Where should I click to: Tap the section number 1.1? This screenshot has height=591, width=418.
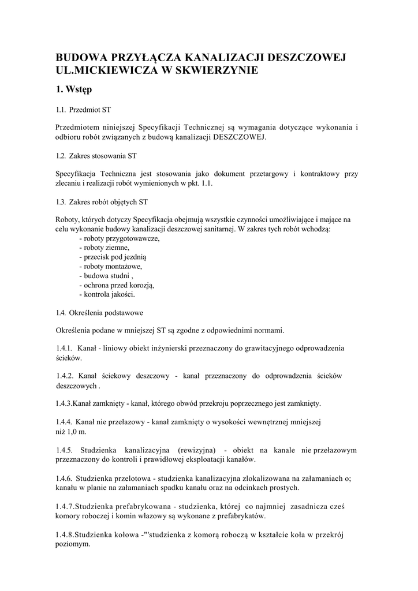pyautogui.click(x=61, y=109)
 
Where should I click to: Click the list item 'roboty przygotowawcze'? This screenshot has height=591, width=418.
pyautogui.click(x=121, y=238)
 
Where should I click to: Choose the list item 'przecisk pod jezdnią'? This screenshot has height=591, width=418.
pyautogui.click(x=116, y=257)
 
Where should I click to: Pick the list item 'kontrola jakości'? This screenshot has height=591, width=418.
pyautogui.click(x=109, y=294)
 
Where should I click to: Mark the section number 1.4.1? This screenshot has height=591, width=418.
pyautogui.click(x=64, y=348)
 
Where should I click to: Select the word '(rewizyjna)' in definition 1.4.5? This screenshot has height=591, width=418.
pyautogui.click(x=197, y=450)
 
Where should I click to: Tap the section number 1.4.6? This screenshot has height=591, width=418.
pyautogui.click(x=64, y=478)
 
